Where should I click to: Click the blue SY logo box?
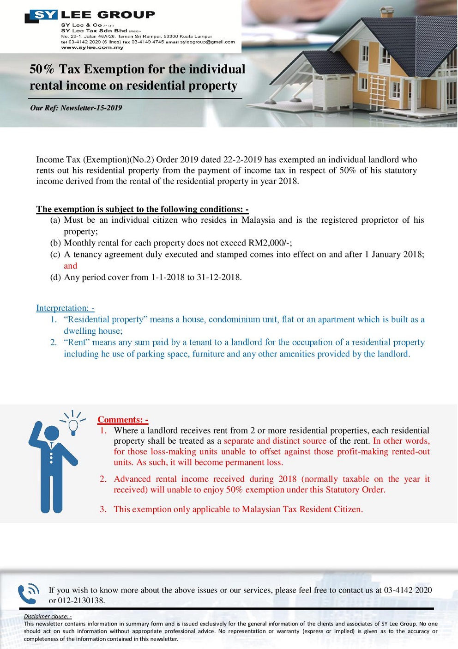[x=44, y=15]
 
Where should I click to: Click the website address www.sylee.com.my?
[x=92, y=47]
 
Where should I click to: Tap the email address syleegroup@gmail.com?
[x=207, y=42]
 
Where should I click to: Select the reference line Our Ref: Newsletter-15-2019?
[x=76, y=108]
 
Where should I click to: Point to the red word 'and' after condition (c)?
[x=70, y=266]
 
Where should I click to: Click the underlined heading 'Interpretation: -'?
[x=65, y=308]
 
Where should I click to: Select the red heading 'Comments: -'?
[x=122, y=420]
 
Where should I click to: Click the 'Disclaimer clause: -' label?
[x=48, y=616]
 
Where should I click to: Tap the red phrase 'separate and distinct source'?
[x=275, y=441]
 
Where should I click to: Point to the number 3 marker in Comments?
[x=103, y=509]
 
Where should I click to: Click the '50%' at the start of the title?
[x=42, y=69]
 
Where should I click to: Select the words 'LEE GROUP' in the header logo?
[x=108, y=15]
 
